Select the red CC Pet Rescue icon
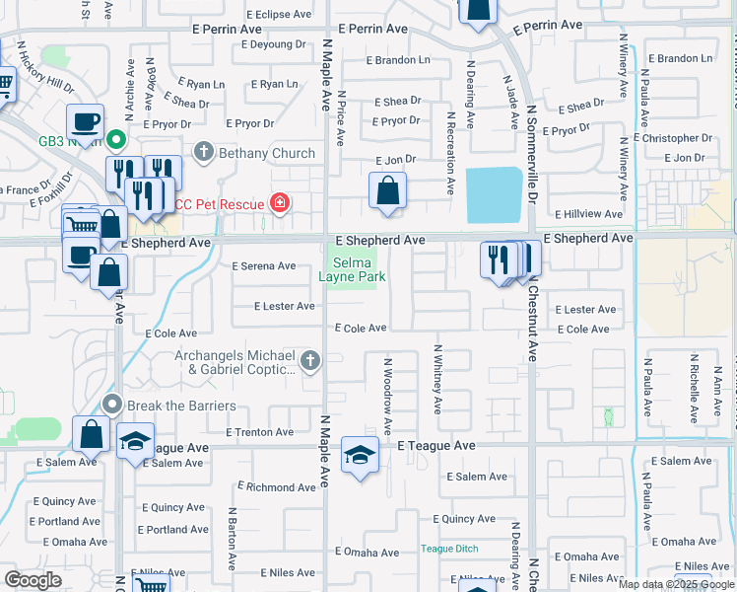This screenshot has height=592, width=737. tap(281, 204)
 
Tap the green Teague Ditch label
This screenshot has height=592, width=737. tap(449, 549)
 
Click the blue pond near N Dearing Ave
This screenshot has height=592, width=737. tap(494, 194)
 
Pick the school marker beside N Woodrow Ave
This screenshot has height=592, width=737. tap(361, 456)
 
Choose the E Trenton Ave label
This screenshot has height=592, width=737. tap(260, 432)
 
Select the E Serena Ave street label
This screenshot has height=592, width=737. tap(263, 266)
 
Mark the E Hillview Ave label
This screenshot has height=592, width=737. tap(589, 213)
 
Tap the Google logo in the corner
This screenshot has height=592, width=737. tap(33, 580)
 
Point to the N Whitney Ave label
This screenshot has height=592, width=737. tap(437, 379)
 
